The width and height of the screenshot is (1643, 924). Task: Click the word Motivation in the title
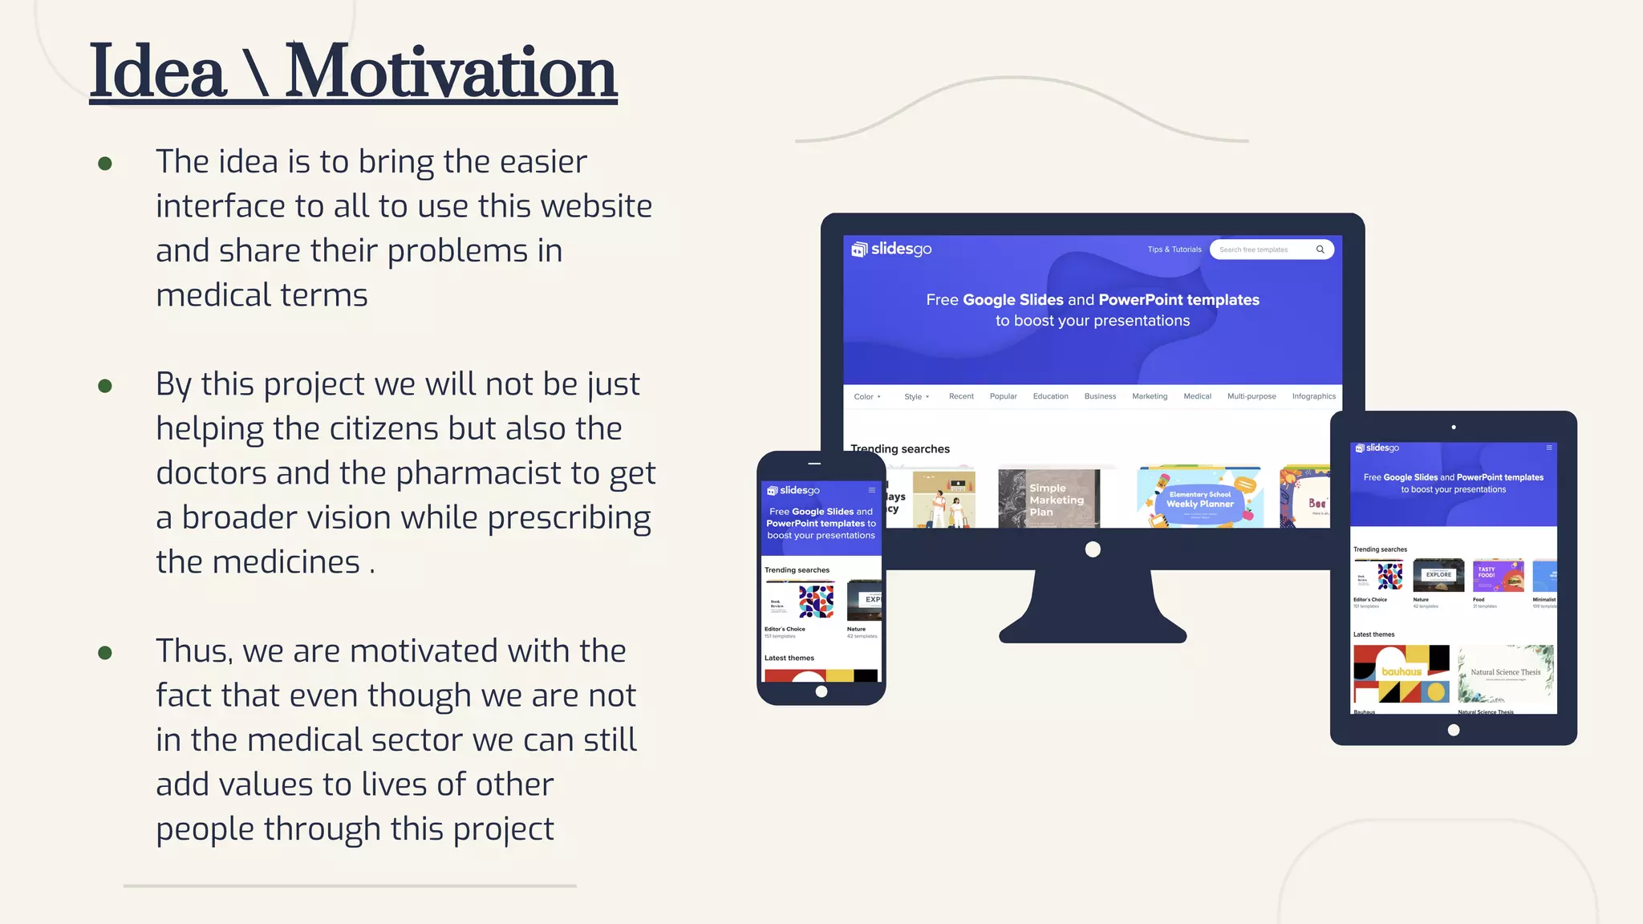point(451,72)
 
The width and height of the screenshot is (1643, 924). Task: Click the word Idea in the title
point(157,72)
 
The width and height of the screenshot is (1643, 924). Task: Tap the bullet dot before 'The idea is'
point(105,164)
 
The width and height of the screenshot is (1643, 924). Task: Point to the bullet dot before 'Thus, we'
point(105,653)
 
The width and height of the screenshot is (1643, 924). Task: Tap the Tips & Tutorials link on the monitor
point(1174,249)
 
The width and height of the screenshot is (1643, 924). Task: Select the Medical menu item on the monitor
point(1197,396)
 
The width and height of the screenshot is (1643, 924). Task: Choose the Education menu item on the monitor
point(1050,396)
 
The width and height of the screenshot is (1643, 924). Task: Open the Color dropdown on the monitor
point(866,396)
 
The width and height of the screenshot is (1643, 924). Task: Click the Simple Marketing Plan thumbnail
point(1049,499)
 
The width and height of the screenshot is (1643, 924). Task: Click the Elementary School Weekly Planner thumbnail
point(1199,498)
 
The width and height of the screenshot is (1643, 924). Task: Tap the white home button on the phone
point(821,691)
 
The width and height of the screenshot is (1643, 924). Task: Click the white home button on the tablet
point(1453,730)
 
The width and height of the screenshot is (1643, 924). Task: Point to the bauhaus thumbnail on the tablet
point(1401,673)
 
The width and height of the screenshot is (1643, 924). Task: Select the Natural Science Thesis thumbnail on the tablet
point(1505,673)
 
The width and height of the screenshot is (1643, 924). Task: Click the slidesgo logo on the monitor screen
point(891,249)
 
